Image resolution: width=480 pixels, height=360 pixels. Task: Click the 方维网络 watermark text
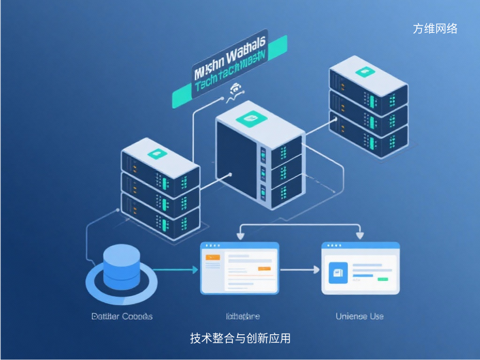435,29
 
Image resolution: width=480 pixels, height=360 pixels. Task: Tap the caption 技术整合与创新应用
240,338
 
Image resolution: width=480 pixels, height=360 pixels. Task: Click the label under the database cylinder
122,316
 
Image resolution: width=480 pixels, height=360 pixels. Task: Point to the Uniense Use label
360,316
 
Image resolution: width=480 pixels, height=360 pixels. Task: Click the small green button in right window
383,279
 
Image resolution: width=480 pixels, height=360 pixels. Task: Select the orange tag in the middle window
213,257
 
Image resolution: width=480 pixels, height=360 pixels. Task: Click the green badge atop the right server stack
363,72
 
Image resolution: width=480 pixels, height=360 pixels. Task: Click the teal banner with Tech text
230,73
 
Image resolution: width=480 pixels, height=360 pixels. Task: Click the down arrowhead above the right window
360,236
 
